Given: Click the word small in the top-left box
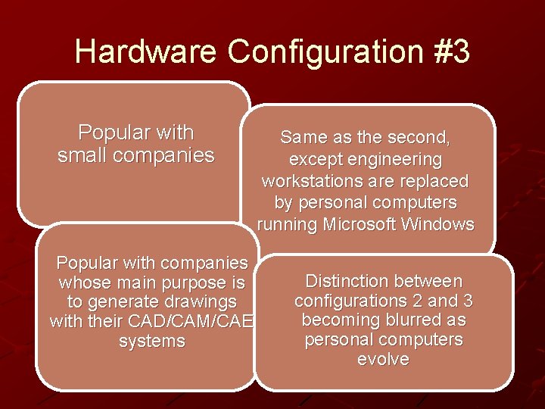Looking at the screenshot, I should [83, 156].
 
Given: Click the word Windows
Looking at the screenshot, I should [441, 225].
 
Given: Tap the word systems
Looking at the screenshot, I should [152, 342].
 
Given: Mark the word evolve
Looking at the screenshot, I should [383, 360].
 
